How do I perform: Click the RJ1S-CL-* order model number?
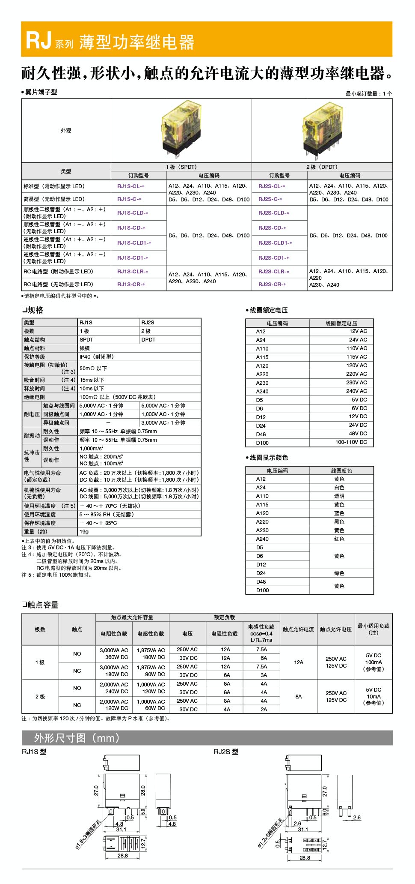click(x=131, y=186)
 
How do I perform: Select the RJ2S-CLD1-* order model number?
click(x=275, y=243)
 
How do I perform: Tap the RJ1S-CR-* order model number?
click(x=131, y=285)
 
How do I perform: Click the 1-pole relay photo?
click(x=181, y=129)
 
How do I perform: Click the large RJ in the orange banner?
click(x=39, y=41)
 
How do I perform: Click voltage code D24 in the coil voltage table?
click(x=261, y=426)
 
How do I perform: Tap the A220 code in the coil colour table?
click(x=262, y=522)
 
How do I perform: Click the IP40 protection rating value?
click(x=97, y=357)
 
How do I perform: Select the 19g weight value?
click(x=84, y=531)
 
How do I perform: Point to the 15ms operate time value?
click(x=92, y=380)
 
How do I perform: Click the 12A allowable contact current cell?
click(x=299, y=662)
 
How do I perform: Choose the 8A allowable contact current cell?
click(x=299, y=697)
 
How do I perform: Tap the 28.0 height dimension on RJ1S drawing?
click(x=143, y=790)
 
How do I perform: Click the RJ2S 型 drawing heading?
click(x=226, y=752)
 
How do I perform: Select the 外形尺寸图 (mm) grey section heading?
click(x=77, y=738)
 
